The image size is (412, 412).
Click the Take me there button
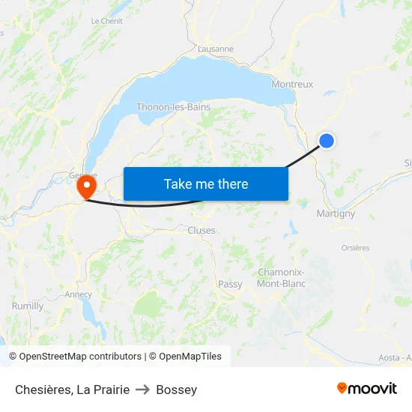pos(206,184)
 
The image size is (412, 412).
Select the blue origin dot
pos(327,141)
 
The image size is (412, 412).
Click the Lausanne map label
pos(216,49)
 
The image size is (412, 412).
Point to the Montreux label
pos(292,84)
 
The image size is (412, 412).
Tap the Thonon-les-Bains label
pos(173,107)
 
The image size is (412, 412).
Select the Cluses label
pos(202,231)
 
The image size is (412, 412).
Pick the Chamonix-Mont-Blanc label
pos(281,278)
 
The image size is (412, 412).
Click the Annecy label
pos(79,294)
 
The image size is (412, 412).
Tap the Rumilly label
pos(28,306)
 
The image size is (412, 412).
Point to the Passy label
pos(230,285)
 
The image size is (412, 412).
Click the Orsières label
pos(355,248)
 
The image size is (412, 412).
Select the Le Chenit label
pos(106,21)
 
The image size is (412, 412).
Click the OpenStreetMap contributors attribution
pos(75,357)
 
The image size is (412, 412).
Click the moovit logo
pos(367,388)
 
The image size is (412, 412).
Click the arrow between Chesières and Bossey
pos(142,390)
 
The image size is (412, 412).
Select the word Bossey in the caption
pos(177,390)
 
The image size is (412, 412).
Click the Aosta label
pos(390,358)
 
